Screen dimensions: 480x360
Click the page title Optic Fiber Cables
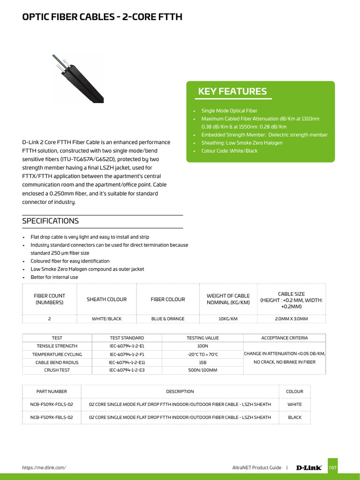[102, 17]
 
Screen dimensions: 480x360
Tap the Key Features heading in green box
[232, 91]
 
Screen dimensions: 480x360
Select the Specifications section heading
[51, 221]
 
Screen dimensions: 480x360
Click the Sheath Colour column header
[106, 299]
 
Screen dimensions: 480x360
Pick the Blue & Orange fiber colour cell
[168, 319]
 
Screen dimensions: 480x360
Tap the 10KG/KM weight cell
[228, 319]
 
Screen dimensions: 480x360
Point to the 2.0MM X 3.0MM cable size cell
[292, 319]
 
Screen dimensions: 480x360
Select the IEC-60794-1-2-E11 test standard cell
[127, 362]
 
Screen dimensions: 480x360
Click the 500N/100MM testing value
[202, 370]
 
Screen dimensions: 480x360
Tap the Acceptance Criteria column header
[285, 338]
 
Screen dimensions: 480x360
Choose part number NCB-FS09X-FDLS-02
[52, 405]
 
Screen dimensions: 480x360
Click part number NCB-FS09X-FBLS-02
[52, 417]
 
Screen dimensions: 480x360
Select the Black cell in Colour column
[295, 417]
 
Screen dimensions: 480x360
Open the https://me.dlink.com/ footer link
[44, 467]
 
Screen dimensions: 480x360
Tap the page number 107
[332, 467]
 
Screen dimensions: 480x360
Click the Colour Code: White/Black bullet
[229, 151]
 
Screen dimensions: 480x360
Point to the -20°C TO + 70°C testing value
[202, 354]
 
